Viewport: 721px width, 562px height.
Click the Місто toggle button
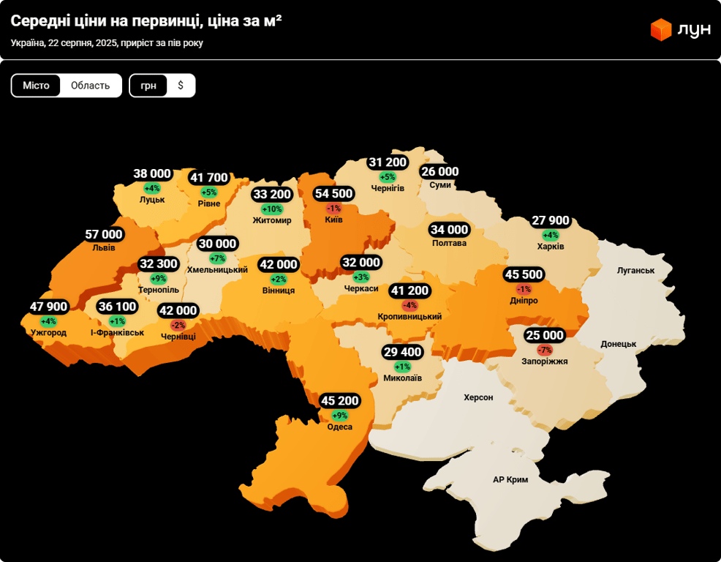36,86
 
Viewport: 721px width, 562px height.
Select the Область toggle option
90,86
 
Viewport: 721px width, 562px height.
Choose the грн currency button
148,86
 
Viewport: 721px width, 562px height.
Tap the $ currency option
181,86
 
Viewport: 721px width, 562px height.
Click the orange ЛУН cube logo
661,29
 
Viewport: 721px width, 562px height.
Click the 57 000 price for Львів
104,234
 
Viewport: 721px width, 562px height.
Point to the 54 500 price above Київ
333,194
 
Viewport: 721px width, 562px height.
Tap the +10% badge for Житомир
272,209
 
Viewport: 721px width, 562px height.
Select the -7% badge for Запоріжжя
545,350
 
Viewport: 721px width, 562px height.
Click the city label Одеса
340,427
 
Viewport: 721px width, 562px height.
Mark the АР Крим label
510,479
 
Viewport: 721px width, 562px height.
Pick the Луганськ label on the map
635,270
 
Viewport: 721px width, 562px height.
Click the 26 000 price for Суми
439,172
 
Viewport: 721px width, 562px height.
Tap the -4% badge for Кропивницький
409,305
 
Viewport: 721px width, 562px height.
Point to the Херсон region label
478,397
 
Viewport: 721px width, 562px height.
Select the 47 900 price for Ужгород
48,307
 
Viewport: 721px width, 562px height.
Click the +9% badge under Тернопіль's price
159,279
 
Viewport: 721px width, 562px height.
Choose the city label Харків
551,247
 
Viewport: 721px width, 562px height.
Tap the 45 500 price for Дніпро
524,274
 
